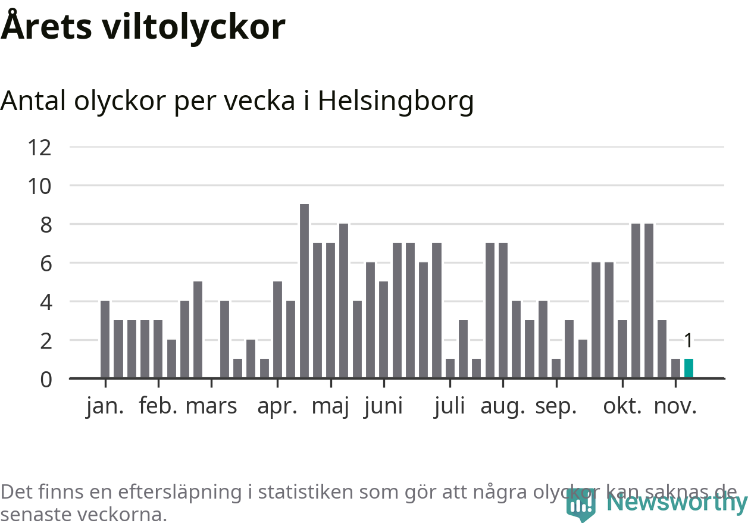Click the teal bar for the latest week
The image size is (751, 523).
point(689,368)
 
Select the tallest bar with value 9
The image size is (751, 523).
point(304,291)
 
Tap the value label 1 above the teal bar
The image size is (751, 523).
point(689,341)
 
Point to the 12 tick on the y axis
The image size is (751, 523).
point(39,147)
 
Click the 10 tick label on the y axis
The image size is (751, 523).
point(39,186)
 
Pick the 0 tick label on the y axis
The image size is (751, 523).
point(46,379)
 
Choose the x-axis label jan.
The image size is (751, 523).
point(105,406)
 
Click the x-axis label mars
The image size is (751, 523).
point(211,406)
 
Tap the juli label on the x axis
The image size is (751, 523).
point(449,406)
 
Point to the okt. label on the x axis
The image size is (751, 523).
point(622,406)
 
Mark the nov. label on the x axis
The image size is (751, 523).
point(675,406)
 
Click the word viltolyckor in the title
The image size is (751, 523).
point(193,27)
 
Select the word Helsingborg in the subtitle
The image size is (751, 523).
point(396,101)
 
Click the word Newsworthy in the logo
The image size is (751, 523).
point(677,503)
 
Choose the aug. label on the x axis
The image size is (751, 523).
point(503,406)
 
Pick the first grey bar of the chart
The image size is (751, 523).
point(105,339)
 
